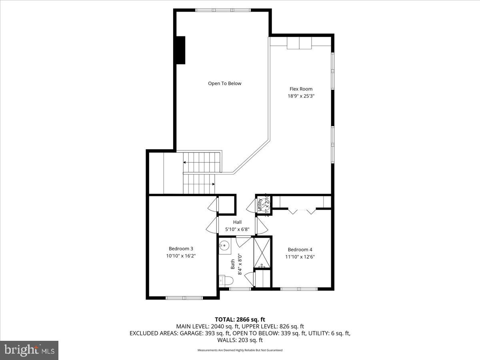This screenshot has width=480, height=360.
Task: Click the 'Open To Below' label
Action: tap(224, 84)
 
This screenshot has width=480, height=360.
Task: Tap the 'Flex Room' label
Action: tap(301, 89)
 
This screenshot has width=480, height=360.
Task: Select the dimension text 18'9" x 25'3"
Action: tap(301, 96)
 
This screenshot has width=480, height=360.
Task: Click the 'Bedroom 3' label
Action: tap(181, 248)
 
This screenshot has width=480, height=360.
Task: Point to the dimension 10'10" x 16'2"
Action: tap(181, 256)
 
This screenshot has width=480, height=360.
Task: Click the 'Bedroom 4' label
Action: tap(300, 250)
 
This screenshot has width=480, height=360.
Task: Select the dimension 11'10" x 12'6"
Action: tap(300, 257)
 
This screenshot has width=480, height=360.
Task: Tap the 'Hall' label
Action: tap(237, 222)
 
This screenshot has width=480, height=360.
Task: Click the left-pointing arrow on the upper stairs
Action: tap(185, 162)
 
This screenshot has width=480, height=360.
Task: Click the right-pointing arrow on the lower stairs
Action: tap(213, 184)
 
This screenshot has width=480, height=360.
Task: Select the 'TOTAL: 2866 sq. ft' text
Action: tap(240, 319)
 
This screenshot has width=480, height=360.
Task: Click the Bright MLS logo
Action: tap(29, 350)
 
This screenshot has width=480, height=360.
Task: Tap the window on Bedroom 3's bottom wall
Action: tap(184, 298)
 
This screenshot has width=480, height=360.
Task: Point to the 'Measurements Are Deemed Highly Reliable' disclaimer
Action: tap(240, 350)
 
